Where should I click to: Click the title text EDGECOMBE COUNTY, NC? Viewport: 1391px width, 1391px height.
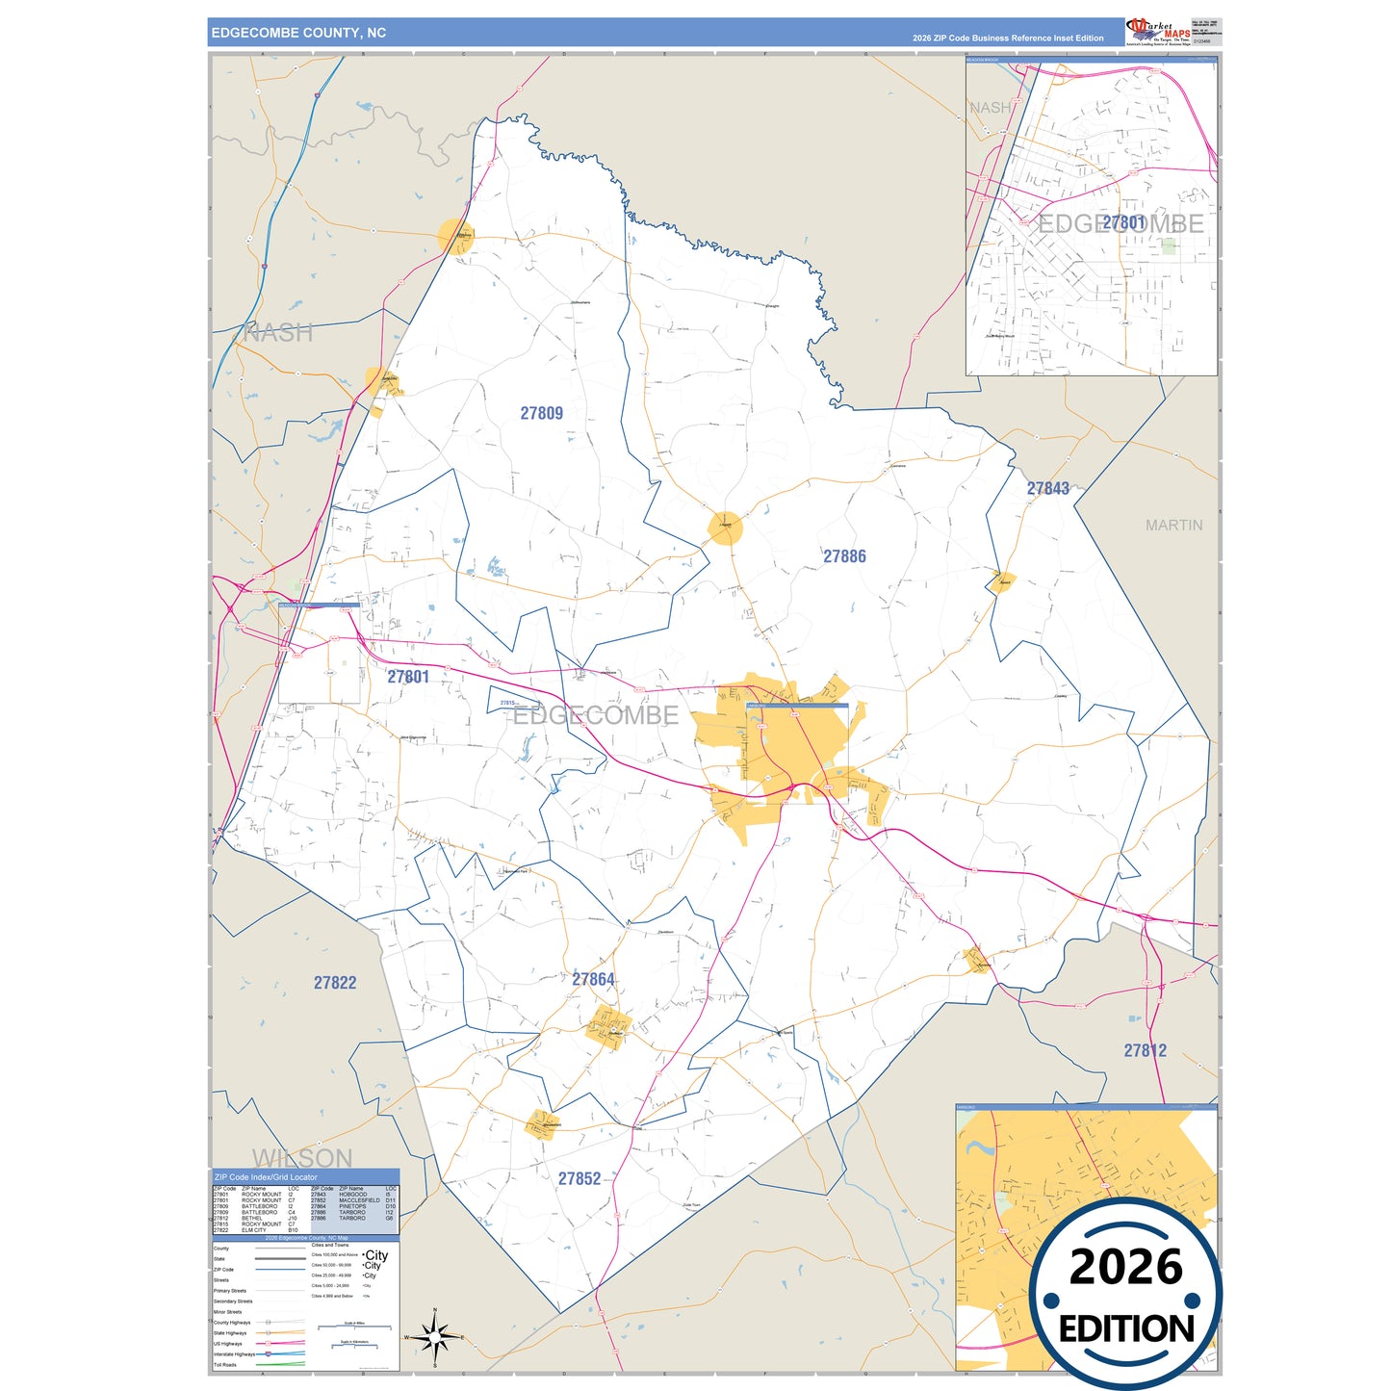click(x=298, y=33)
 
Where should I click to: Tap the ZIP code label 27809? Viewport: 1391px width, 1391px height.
click(x=541, y=413)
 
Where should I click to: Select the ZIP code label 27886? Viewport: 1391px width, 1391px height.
click(x=844, y=556)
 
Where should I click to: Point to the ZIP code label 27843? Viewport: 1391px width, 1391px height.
click(x=1047, y=488)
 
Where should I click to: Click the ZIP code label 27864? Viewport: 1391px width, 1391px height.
click(x=593, y=979)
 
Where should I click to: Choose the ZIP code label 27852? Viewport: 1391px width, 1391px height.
click(x=580, y=1178)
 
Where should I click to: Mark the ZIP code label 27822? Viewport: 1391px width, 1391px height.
click(x=335, y=983)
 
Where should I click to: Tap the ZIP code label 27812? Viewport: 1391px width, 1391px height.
click(x=1145, y=1050)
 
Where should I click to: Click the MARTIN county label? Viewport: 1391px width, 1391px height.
click(x=1173, y=525)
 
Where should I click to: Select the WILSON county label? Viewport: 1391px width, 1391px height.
click(x=302, y=1157)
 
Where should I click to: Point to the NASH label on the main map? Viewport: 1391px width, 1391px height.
click(x=278, y=333)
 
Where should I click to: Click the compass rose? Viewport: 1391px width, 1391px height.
click(x=435, y=1337)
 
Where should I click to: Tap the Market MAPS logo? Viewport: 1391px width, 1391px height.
click(x=1158, y=31)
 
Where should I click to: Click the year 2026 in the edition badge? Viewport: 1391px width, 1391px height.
click(x=1125, y=1267)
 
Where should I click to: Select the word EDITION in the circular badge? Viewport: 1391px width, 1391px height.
click(x=1126, y=1329)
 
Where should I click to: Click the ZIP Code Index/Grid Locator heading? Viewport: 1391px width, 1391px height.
click(x=266, y=1177)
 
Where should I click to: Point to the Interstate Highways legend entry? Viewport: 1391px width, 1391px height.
click(x=235, y=1354)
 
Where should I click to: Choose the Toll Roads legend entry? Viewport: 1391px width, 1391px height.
click(x=225, y=1365)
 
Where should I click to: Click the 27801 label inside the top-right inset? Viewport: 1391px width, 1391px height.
click(x=1123, y=223)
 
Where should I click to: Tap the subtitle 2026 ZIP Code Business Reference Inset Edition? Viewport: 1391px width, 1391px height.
click(x=1008, y=39)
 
